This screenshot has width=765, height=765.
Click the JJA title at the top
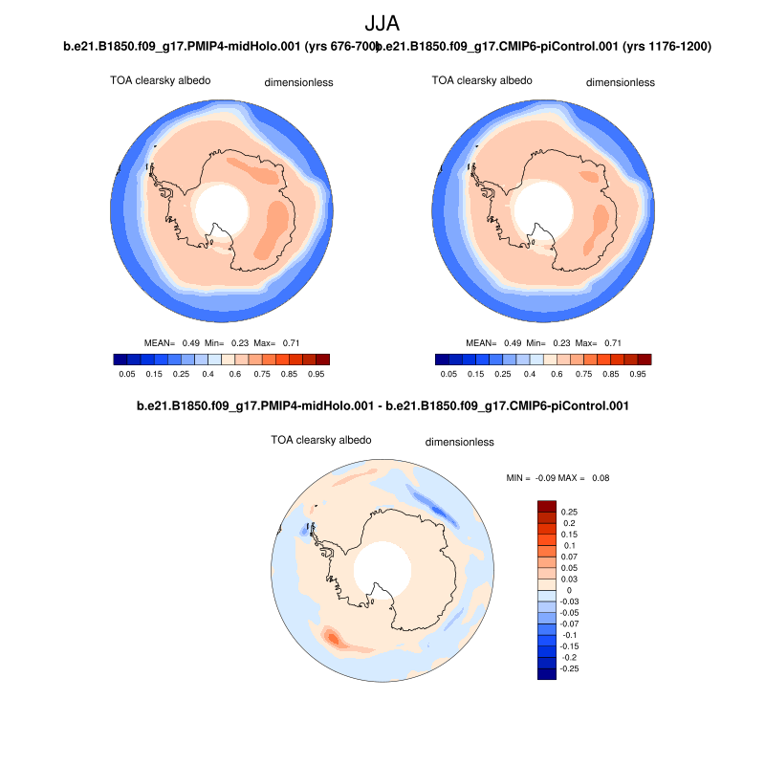pos(382,24)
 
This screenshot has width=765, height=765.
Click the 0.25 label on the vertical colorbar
pos(570,512)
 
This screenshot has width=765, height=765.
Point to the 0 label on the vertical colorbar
pos(562,590)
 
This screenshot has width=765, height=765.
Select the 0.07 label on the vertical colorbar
pos(570,557)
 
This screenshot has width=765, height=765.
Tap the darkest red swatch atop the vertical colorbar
pos(547,506)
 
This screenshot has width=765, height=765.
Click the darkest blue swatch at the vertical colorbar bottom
pos(547,673)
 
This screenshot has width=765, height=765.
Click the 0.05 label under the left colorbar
pos(125,375)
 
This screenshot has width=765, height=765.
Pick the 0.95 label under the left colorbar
pos(317,375)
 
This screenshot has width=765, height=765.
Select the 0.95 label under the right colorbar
pos(639,375)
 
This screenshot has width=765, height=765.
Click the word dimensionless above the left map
pos(298,83)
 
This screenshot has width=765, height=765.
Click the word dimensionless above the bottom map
pos(459,443)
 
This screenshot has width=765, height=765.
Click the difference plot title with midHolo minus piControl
pos(382,406)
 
